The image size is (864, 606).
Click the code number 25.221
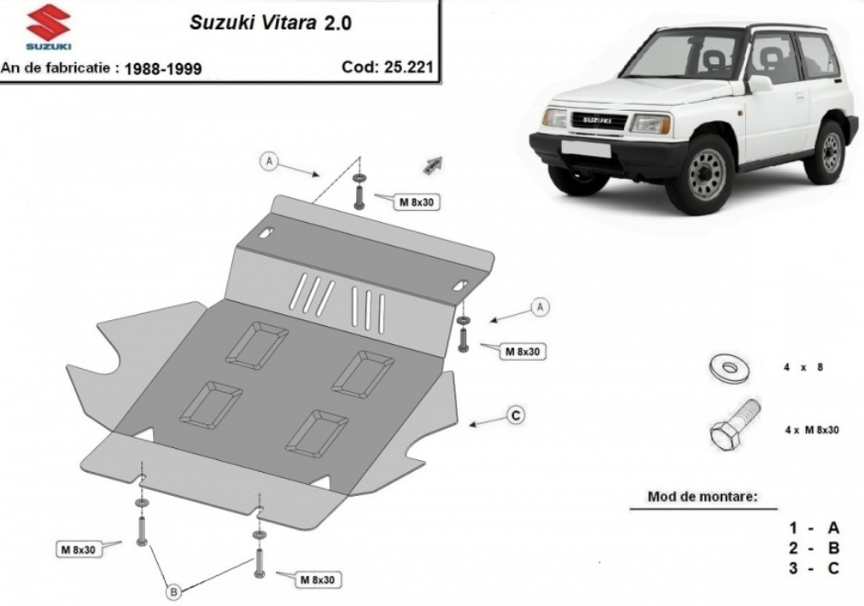[408, 67]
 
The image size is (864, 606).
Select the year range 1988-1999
[163, 69]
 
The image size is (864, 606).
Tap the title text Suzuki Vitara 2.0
[271, 22]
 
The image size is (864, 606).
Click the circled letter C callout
[516, 415]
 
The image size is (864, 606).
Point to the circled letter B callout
[173, 592]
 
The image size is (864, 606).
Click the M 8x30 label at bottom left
[79, 550]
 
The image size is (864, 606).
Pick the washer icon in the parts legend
[728, 368]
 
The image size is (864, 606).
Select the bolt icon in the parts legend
[734, 424]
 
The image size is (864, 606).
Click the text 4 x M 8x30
[812, 429]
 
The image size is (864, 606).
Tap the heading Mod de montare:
[703, 497]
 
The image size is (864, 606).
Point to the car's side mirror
[759, 84]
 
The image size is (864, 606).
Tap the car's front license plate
[585, 148]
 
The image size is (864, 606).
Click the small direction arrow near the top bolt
[434, 165]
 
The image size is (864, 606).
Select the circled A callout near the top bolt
[269, 160]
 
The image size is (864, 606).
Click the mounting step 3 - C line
[814, 568]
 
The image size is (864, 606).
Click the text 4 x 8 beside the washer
[803, 367]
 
